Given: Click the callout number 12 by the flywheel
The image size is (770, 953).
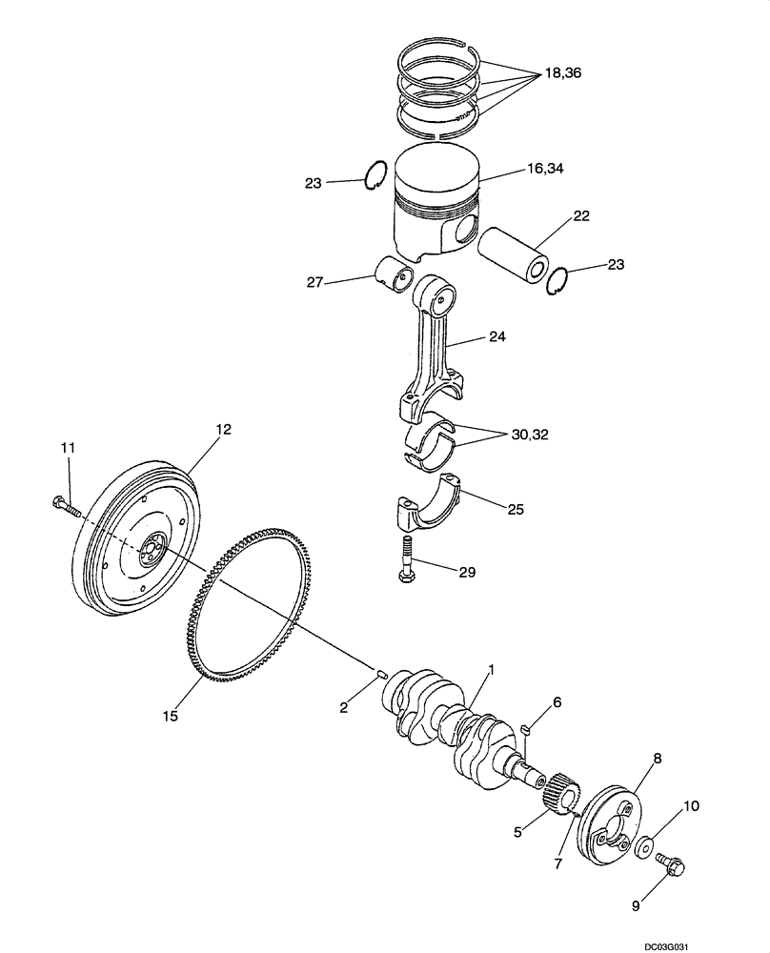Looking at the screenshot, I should point(223,430).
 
